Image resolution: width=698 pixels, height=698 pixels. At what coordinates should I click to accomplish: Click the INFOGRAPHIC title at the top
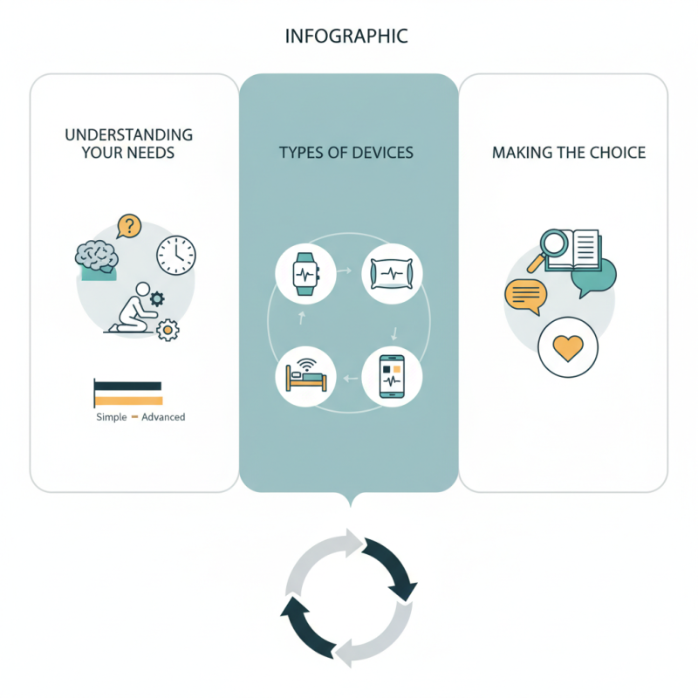click(346, 37)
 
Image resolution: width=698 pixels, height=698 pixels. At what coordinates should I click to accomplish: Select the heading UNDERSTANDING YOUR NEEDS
click(129, 144)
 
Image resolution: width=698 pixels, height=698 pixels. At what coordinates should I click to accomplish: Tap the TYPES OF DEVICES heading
click(346, 153)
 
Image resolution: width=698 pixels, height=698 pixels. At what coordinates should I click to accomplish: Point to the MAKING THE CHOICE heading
click(569, 153)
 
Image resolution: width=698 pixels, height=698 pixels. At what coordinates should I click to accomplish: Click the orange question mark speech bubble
click(128, 227)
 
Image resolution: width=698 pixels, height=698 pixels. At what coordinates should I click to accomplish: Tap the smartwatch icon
click(305, 272)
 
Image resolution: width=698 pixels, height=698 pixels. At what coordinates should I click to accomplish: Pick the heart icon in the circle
click(569, 346)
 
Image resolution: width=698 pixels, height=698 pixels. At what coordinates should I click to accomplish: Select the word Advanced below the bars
click(163, 417)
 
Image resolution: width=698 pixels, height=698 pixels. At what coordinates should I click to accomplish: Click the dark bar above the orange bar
click(127, 386)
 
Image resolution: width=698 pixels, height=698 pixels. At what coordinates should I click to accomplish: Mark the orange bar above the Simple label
click(127, 400)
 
